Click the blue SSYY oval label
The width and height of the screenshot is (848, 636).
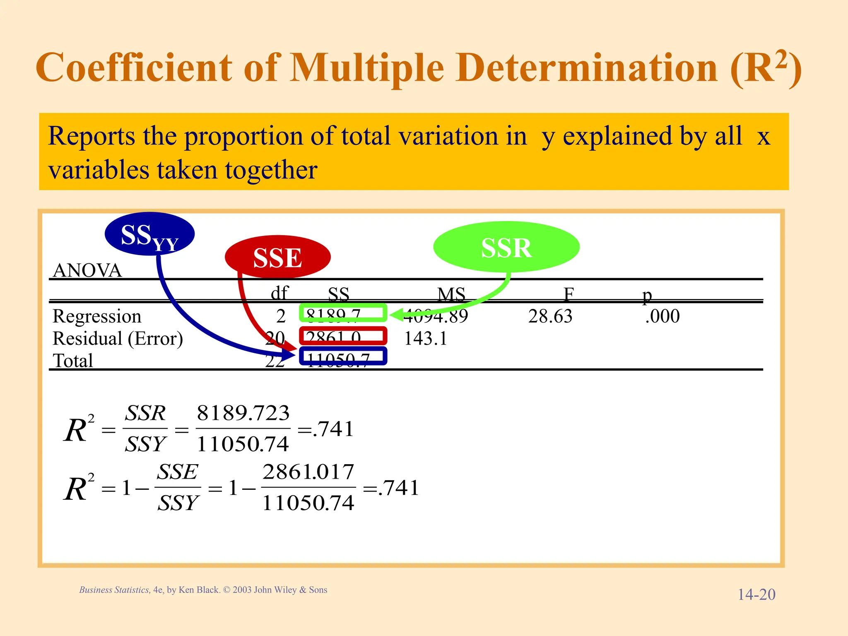pyautogui.click(x=149, y=234)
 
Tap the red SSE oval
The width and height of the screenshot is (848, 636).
pyautogui.click(x=277, y=257)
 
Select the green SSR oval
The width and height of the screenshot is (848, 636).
pyautogui.click(x=506, y=248)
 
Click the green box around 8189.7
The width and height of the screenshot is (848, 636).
pyautogui.click(x=343, y=313)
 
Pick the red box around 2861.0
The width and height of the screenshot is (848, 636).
pyautogui.click(x=343, y=336)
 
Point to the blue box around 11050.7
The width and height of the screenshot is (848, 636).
pyautogui.click(x=343, y=357)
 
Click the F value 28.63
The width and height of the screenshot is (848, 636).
pyautogui.click(x=550, y=316)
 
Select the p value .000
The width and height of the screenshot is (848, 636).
pyautogui.click(x=662, y=316)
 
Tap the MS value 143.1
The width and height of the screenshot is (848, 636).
pyautogui.click(x=425, y=339)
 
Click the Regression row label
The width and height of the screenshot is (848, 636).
pyautogui.click(x=97, y=316)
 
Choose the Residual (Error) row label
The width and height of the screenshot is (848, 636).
pyautogui.click(x=118, y=339)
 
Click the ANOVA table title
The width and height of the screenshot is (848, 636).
pyautogui.click(x=87, y=271)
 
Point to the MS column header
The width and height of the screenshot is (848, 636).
pyautogui.click(x=451, y=294)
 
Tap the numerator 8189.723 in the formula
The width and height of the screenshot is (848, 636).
pyautogui.click(x=243, y=413)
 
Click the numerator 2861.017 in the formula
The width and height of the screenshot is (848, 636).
pyautogui.click(x=308, y=472)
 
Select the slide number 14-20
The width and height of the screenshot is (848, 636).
pyautogui.click(x=756, y=595)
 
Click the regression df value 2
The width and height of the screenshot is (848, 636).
pyautogui.click(x=281, y=316)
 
